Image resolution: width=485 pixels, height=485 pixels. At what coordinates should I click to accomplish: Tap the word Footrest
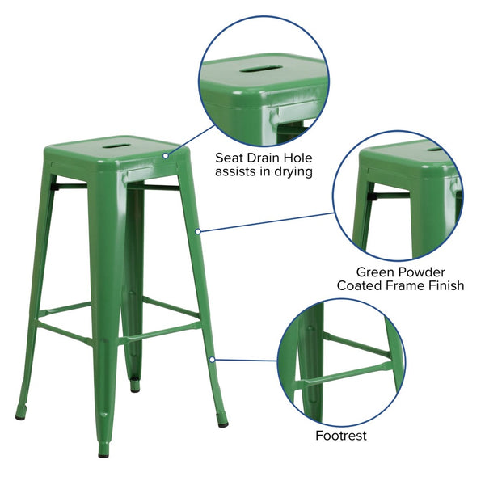[x=341, y=436]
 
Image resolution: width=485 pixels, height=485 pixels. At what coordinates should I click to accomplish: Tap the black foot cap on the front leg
[x=103, y=451]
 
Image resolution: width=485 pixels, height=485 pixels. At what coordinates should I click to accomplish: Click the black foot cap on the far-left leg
[x=20, y=415]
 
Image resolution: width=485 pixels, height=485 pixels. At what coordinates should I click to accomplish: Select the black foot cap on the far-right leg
[x=222, y=422]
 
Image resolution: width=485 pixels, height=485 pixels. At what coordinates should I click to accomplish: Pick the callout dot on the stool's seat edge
[x=166, y=155]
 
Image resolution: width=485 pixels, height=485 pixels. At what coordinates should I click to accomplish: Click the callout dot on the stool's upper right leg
[x=198, y=231]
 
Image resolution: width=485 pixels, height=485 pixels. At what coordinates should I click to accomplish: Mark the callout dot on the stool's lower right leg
[x=212, y=358]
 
